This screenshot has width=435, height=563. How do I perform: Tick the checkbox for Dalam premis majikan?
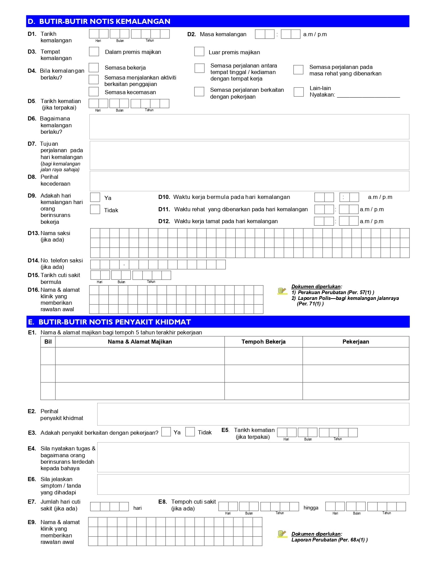[94, 52]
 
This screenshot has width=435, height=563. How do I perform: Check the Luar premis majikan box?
[199, 52]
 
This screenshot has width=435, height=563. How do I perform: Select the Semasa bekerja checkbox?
[93, 68]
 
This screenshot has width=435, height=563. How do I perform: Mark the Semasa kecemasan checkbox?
[93, 92]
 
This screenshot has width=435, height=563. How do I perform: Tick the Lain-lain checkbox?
[299, 92]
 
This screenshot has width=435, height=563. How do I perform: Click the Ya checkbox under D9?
[95, 197]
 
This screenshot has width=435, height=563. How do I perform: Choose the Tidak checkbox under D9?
[95, 210]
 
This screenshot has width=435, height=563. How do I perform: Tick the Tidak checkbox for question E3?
[190, 432]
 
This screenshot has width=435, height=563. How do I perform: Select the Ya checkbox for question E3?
[166, 432]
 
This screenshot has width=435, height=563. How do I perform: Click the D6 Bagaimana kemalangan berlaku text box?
[249, 127]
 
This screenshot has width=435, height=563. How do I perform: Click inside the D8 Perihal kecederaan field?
[249, 181]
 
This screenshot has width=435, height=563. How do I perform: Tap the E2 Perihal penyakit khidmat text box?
[253, 414]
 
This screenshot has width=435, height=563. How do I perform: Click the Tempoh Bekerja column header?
[263, 342]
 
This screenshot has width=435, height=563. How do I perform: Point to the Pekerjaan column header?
[356, 342]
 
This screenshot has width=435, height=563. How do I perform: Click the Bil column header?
[48, 342]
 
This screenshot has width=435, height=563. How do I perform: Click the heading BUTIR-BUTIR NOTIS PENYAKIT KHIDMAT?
[115, 322]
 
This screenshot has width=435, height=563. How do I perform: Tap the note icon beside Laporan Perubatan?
[282, 534]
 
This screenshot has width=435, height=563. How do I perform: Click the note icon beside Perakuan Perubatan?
[282, 291]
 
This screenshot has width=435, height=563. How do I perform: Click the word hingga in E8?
[311, 508]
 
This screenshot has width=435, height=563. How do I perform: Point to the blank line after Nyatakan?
[368, 95]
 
